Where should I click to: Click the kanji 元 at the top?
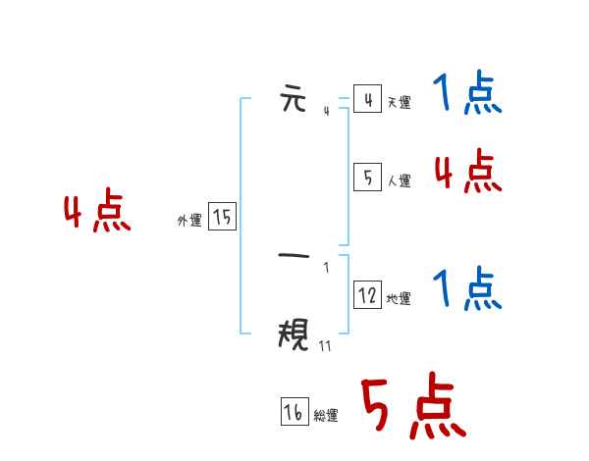tap(294, 99)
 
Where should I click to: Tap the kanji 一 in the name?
tap(294, 257)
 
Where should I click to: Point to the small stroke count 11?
tap(325, 345)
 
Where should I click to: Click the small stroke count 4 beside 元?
tap(326, 111)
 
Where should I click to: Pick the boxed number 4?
tap(367, 99)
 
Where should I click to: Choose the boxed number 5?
tap(367, 178)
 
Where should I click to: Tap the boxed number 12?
tap(367, 295)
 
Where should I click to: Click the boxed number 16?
tap(294, 413)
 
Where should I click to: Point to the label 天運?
tap(399, 102)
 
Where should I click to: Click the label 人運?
tap(399, 180)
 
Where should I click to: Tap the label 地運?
tap(399, 298)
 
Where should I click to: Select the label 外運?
tap(188, 222)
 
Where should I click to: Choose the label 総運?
tap(326, 416)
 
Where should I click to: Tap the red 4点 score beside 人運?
tap(467, 173)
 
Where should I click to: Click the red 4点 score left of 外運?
tap(97, 213)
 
